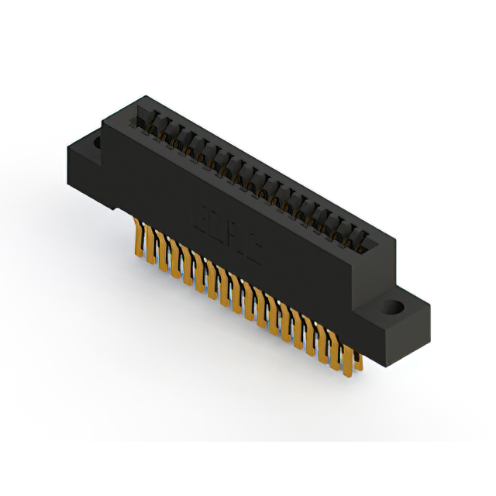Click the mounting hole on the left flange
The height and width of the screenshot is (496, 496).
pos(96,143)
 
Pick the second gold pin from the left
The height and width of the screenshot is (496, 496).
pos(152,243)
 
